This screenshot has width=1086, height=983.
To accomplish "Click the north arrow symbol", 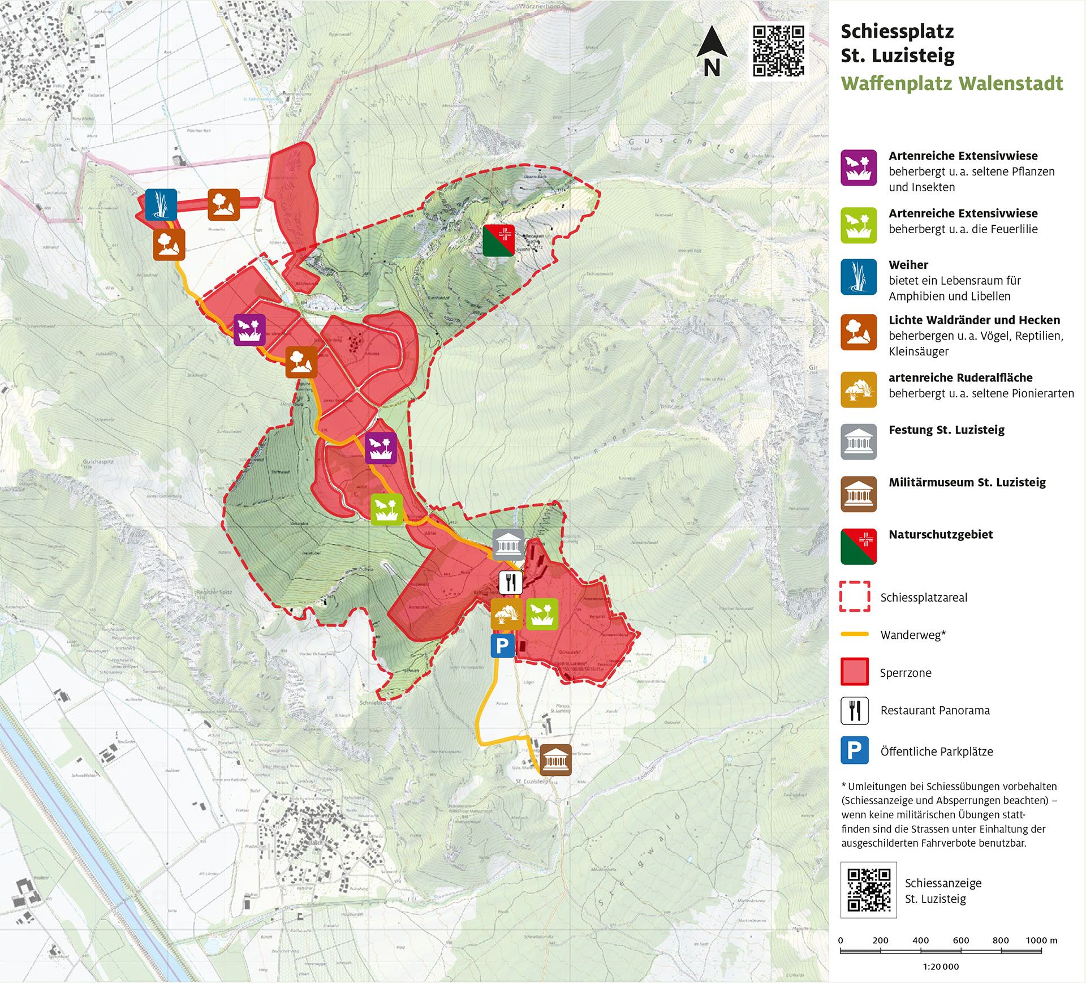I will tap(712, 51).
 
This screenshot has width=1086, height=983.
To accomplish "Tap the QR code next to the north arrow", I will tap(778, 50).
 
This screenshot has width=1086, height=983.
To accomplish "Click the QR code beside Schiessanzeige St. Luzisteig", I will tap(868, 890).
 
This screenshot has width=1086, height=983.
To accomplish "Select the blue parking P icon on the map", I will tap(502, 645).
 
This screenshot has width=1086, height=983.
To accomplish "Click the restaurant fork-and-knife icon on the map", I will tap(510, 582).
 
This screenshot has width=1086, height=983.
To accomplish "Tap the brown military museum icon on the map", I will tap(555, 759).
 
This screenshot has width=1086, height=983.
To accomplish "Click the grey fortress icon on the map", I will tap(508, 545).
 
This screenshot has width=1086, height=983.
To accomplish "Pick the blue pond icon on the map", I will tap(161, 204).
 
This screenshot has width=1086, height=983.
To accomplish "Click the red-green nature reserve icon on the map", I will tap(498, 240).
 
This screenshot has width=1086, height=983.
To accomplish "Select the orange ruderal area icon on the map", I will tap(506, 614).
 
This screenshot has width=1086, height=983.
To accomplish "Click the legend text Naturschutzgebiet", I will tap(940, 534).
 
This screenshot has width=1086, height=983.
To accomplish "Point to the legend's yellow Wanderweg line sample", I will tap(854, 634).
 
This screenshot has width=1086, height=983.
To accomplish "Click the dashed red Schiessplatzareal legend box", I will tap(854, 596).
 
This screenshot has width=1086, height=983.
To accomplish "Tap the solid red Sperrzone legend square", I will tap(854, 672).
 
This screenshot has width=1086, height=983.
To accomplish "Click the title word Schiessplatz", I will tap(897, 32).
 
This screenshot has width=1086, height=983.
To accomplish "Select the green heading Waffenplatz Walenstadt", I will tap(951, 84).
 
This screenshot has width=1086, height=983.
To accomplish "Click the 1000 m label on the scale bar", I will tap(1041, 940).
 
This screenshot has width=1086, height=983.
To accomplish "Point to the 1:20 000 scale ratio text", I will tap(941, 967).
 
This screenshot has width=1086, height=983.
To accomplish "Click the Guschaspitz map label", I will tap(98, 461).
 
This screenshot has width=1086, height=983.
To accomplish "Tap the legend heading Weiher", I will tap(908, 265).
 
